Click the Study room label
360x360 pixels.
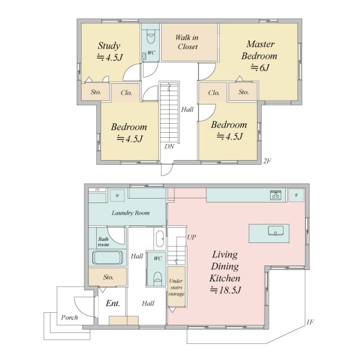tap(109, 46)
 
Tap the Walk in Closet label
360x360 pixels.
tap(187, 42)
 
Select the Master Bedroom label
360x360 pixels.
tap(259, 50)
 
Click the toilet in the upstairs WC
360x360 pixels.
tap(150, 37)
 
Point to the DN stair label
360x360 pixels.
tap(169, 146)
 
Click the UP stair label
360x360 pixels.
tap(191, 237)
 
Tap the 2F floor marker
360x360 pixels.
tap(267, 161)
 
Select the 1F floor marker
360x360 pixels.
tap(310, 322)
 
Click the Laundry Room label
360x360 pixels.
tap(130, 213)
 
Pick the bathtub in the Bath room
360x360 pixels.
tap(107, 258)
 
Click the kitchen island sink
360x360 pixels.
tap(276, 231)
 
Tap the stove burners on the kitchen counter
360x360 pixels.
tap(276, 195)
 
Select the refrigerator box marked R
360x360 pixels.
tap(296, 195)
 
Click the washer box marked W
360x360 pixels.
tap(118, 196)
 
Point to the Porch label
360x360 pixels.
tap(69, 317)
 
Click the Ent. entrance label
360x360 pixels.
tap(113, 304)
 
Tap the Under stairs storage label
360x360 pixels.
tap(176, 287)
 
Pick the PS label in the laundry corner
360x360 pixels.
tap(97, 190)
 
